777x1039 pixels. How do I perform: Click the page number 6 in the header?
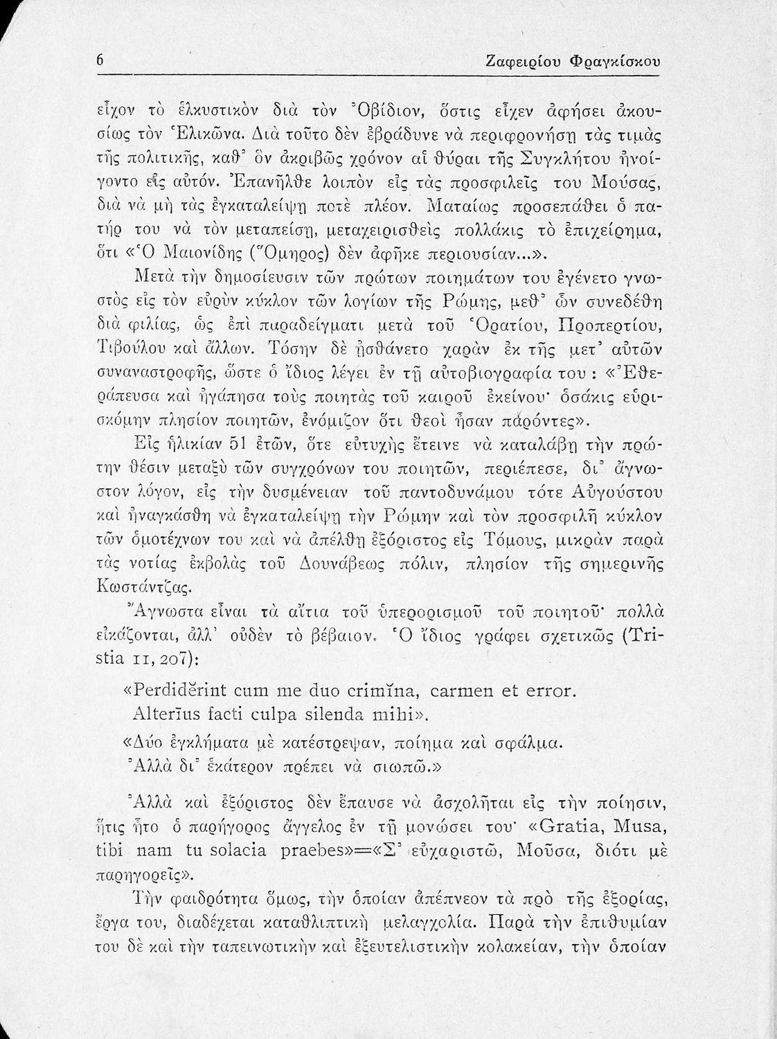(100, 61)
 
